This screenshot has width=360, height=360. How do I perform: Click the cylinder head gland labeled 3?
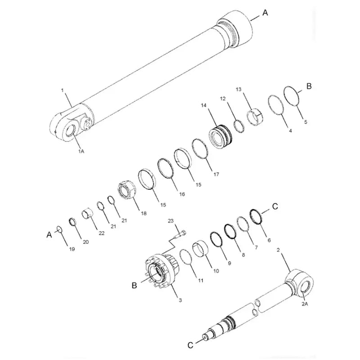click(160, 273)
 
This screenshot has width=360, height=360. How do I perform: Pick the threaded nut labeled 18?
click(127, 191)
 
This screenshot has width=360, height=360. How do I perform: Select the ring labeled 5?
click(293, 96)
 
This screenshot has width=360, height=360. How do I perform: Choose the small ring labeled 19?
click(59, 230)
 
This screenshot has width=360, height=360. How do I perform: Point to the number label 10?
click(216, 271)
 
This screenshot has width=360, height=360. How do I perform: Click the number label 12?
click(222, 98)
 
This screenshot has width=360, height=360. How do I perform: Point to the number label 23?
click(171, 221)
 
